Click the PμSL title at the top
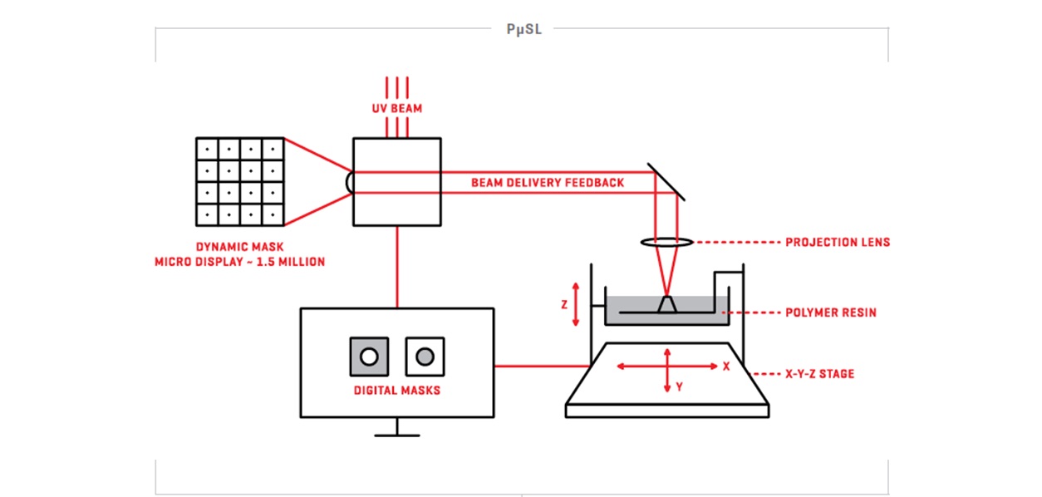tap(523, 30)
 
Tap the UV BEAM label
tap(397, 108)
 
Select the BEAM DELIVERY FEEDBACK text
tap(548, 182)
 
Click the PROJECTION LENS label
tap(838, 242)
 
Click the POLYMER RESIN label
tap(831, 312)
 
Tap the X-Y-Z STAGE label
tap(819, 374)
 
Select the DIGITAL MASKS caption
tap(397, 391)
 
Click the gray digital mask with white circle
tap(369, 357)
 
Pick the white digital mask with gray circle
tap(425, 357)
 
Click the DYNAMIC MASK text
tap(239, 247)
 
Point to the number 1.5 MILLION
tap(290, 262)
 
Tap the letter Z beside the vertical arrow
tap(564, 305)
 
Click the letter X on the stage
tap(726, 367)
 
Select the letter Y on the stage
tap(679, 386)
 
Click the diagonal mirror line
tap(666, 182)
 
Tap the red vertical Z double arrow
tap(576, 304)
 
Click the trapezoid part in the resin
tap(667, 304)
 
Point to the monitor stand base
tap(397, 435)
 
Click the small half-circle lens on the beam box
tap(348, 182)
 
